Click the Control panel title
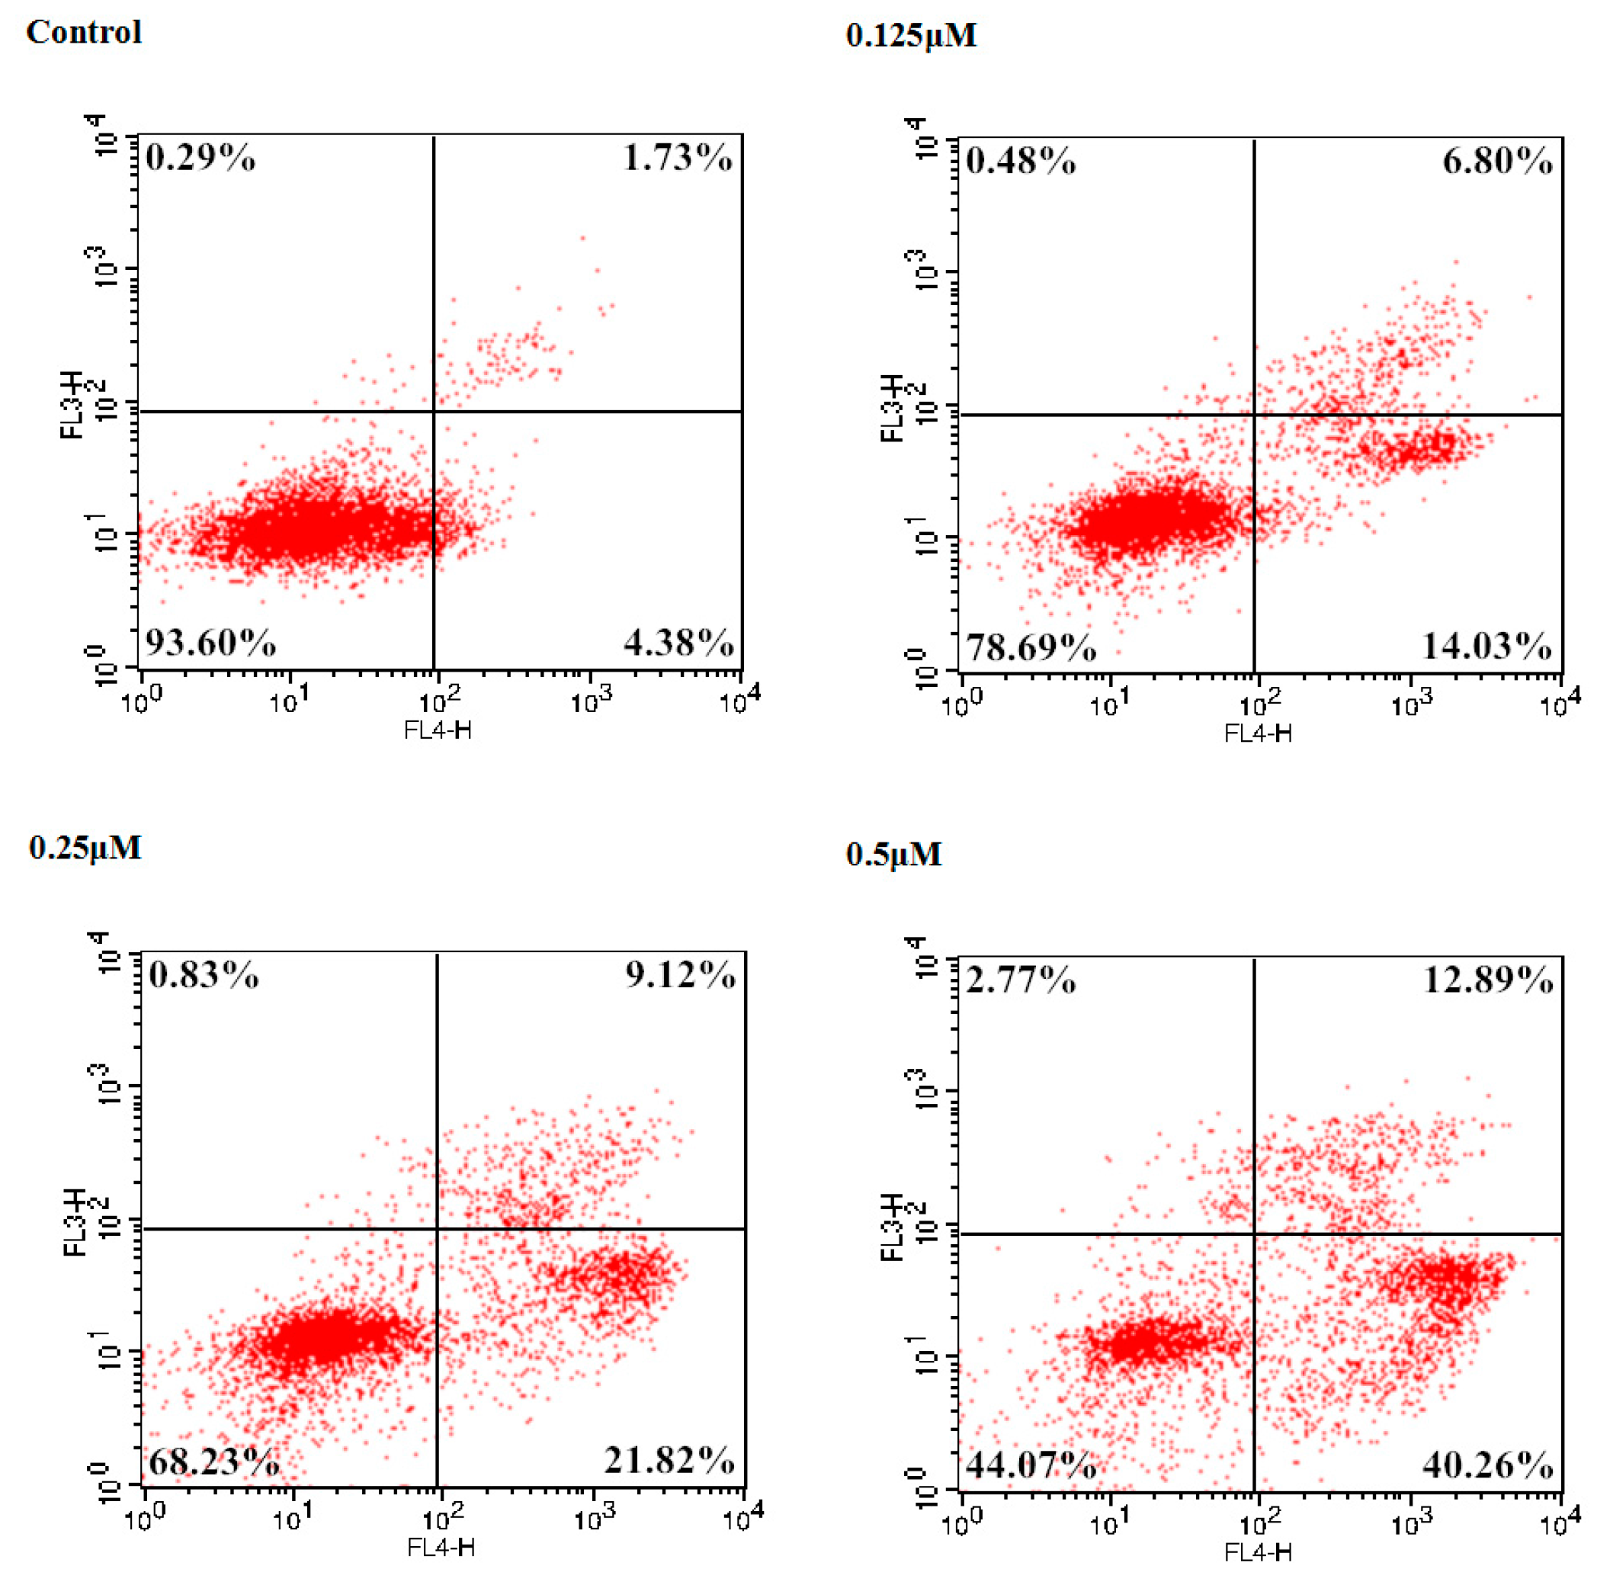tap(84, 32)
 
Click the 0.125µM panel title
tap(911, 36)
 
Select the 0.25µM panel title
tap(85, 849)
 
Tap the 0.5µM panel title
tap(893, 855)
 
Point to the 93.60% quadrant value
tap(211, 643)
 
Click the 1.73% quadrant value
tap(677, 157)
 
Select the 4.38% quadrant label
tap(678, 643)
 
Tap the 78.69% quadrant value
tap(1031, 647)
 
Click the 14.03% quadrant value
tap(1486, 646)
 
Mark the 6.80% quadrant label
tap(1497, 160)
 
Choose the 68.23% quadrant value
tap(213, 1461)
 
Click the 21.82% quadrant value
tap(669, 1460)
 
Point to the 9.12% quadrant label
tap(680, 976)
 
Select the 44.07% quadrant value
tap(1031, 1465)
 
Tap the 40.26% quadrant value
tap(1487, 1465)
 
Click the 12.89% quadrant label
tap(1487, 980)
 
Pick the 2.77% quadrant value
tap(1021, 980)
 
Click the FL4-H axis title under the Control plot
tap(438, 730)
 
